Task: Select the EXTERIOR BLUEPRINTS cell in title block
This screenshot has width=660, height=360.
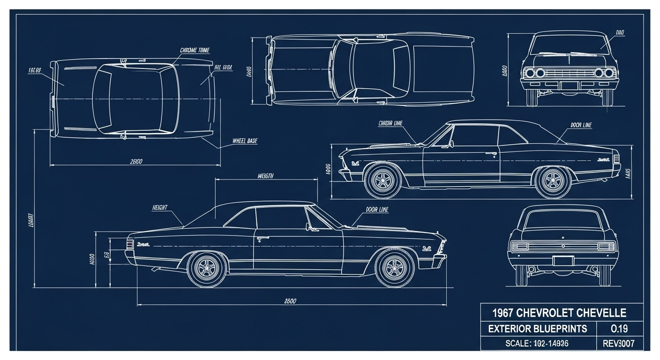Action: click(538, 329)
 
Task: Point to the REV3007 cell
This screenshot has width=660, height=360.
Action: click(619, 344)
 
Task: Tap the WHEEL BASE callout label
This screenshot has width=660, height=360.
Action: click(245, 141)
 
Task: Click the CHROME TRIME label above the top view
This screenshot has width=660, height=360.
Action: click(195, 50)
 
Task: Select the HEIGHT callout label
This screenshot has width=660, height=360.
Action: click(160, 207)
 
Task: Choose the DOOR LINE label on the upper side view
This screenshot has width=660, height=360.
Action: click(581, 125)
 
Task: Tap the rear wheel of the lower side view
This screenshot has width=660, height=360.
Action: click(206, 268)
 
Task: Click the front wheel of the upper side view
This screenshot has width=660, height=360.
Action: click(382, 180)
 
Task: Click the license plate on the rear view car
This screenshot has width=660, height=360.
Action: click(563, 261)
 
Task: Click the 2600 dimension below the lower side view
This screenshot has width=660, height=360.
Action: click(290, 301)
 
